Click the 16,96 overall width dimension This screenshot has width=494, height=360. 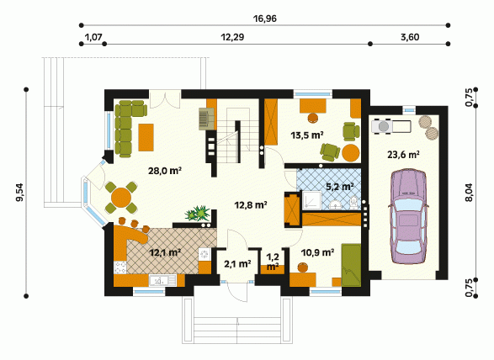point(265,19)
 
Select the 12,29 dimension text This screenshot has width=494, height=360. point(232,38)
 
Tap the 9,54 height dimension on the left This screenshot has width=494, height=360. point(20,193)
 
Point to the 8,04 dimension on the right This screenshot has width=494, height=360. point(469,192)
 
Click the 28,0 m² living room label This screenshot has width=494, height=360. point(165,171)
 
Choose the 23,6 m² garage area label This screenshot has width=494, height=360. point(403,155)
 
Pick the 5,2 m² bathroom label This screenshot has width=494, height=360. point(339,187)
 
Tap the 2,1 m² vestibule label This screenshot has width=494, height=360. point(237,264)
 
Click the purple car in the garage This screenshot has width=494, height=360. point(408,217)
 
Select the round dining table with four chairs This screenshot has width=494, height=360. point(121,198)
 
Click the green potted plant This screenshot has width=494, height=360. point(198,214)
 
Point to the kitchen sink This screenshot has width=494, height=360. point(162,280)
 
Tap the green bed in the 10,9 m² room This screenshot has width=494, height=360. point(351,265)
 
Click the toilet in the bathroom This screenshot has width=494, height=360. point(353,203)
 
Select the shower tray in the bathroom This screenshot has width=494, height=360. point(312,200)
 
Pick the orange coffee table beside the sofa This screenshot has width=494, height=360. point(146,137)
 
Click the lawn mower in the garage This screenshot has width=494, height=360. point(391,126)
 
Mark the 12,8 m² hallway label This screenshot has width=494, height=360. point(251,205)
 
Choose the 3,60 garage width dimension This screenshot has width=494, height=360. point(410,38)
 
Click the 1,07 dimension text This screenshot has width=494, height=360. point(93,38)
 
